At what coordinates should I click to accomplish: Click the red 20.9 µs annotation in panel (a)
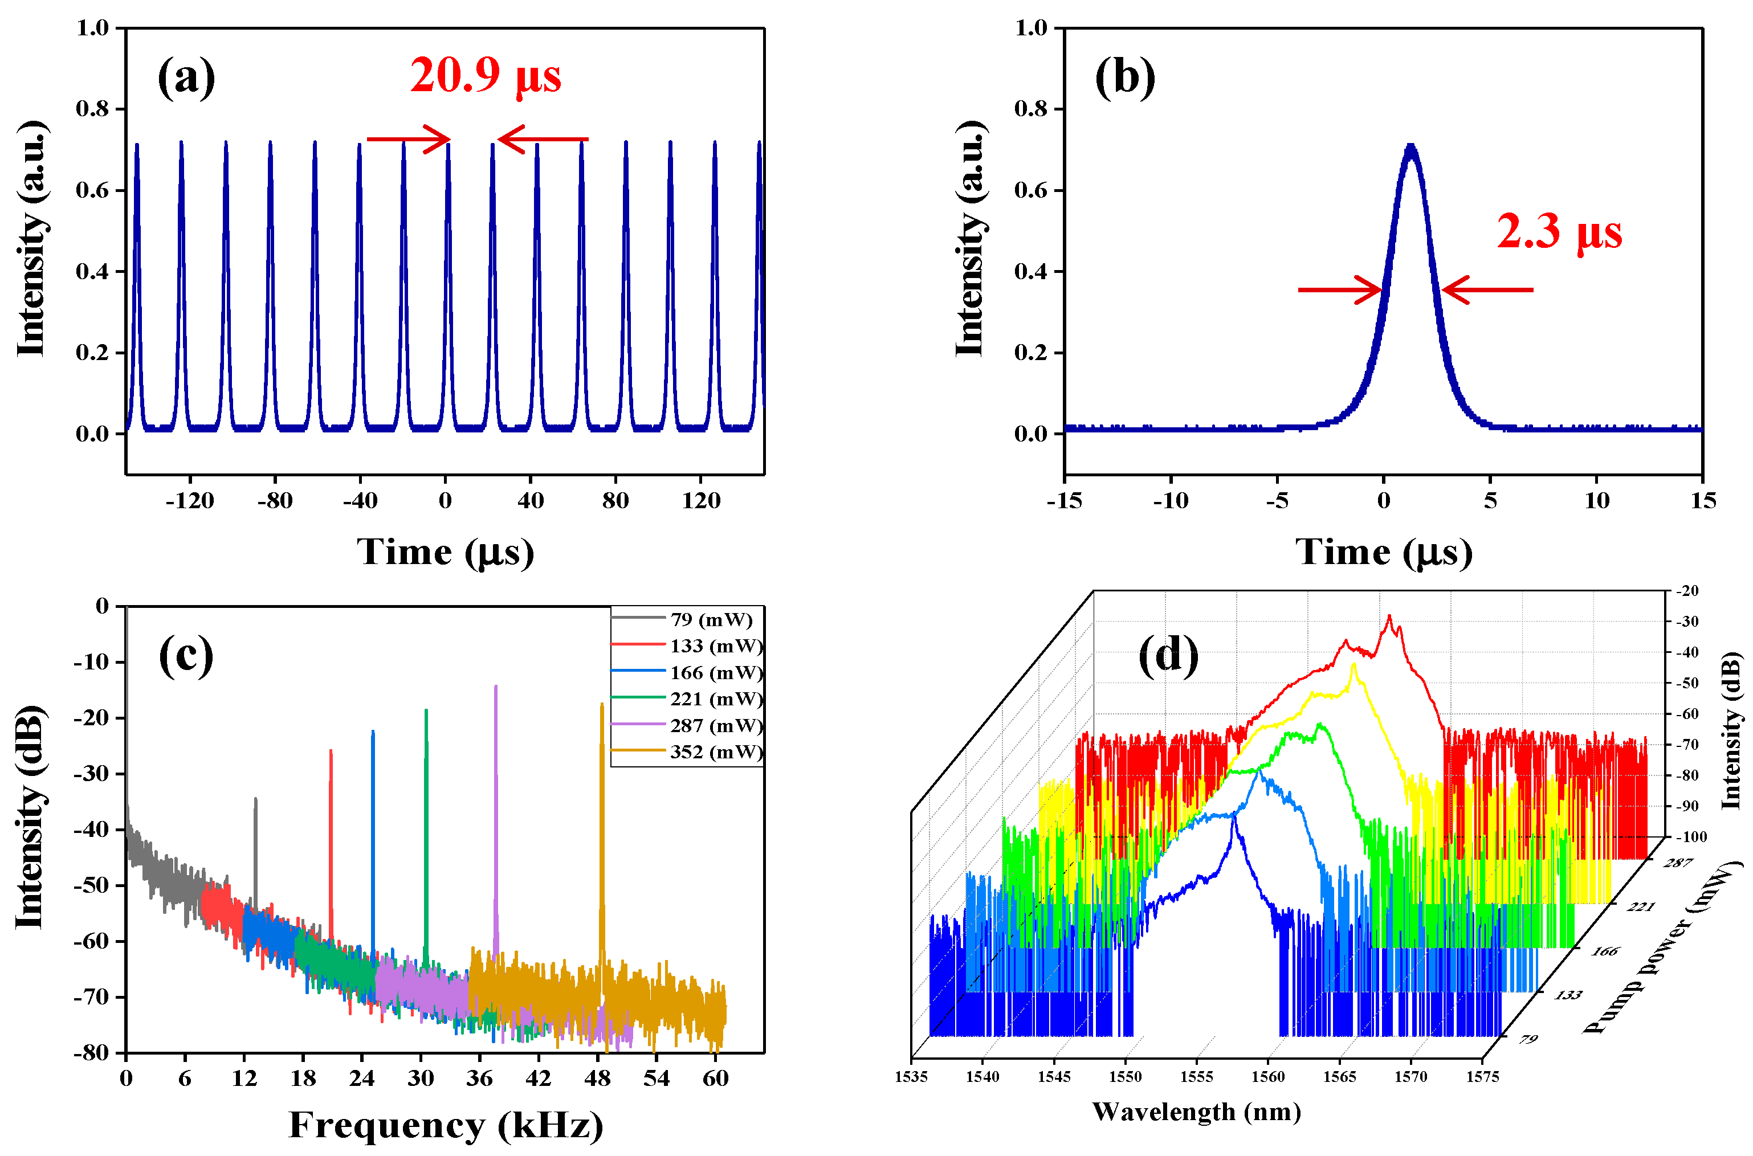(484, 76)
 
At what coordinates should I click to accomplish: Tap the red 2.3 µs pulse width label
(1558, 232)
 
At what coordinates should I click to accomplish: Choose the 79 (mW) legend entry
(710, 619)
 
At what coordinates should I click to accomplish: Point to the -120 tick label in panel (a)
(190, 501)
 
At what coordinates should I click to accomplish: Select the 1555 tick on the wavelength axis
(1196, 1077)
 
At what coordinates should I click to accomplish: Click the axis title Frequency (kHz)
(446, 1125)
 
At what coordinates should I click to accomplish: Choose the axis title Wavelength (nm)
(1196, 1112)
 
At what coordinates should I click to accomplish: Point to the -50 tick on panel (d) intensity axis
(1687, 683)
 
